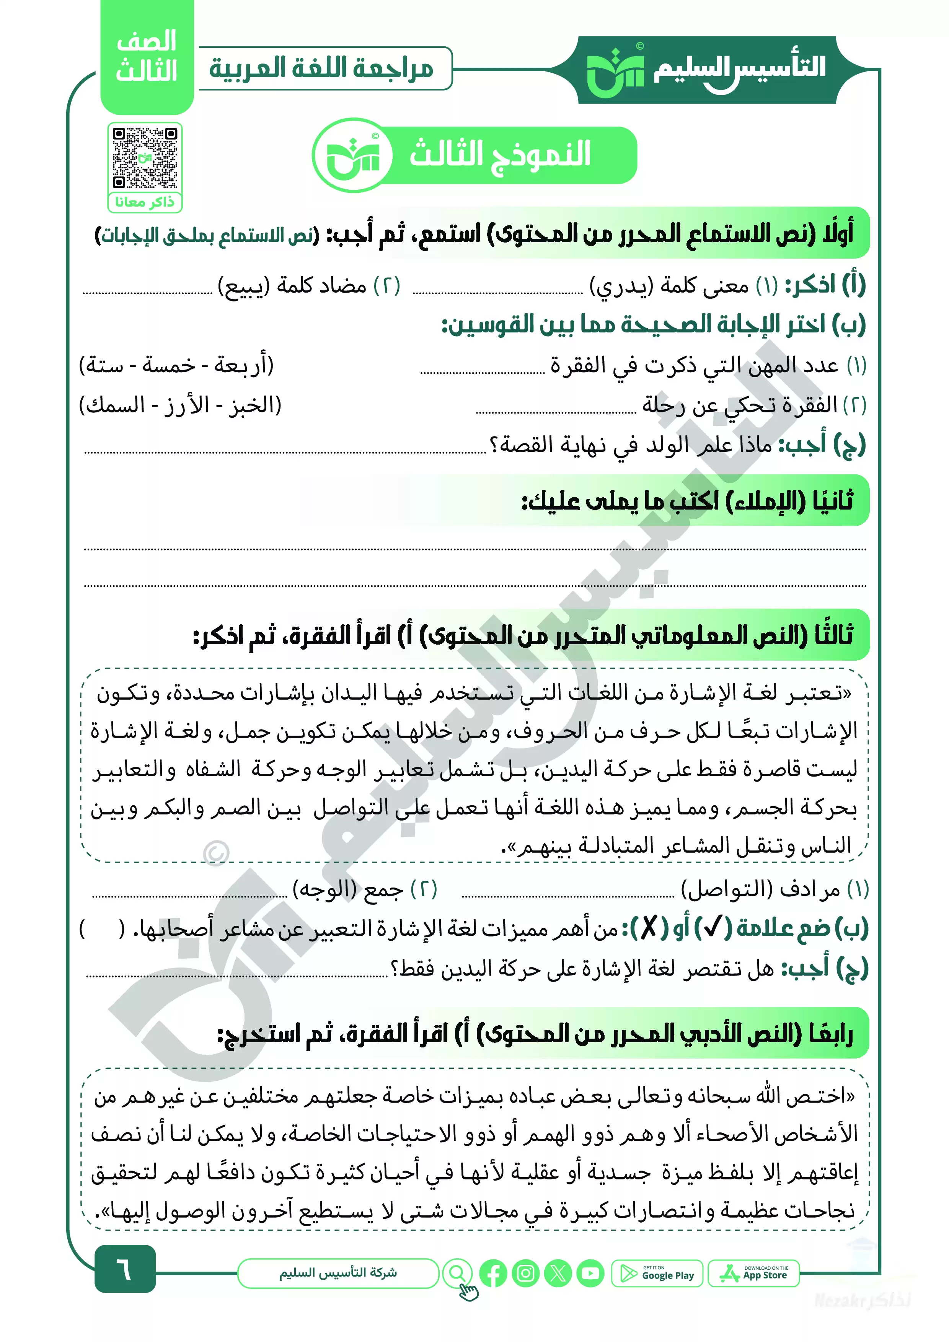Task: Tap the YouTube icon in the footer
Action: (x=590, y=1273)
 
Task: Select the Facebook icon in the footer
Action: (x=493, y=1273)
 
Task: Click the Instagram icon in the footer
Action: (x=525, y=1273)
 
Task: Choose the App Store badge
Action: (x=754, y=1273)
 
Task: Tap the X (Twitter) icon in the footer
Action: (x=558, y=1273)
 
